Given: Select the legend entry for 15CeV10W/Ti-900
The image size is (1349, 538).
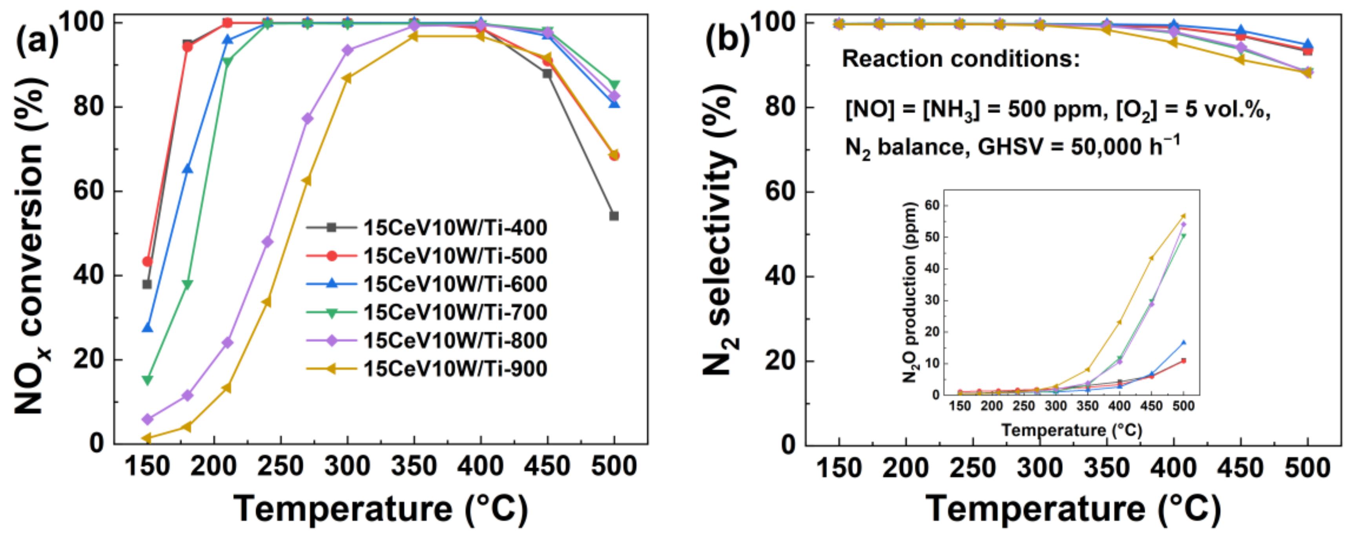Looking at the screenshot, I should (x=454, y=369).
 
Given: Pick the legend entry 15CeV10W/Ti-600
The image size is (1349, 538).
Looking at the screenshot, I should (x=454, y=284).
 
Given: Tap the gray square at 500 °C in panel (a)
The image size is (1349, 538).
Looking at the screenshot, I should (x=614, y=216).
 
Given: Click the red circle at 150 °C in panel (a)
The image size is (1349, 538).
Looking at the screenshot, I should (x=147, y=261).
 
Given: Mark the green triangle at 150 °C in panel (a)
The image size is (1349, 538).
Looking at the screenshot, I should (x=147, y=380).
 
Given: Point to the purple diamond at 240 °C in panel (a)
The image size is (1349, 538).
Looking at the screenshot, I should (x=267, y=241).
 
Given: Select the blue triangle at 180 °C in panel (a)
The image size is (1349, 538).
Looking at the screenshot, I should (x=188, y=169).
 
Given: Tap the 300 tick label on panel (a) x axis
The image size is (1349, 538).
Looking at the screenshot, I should (x=347, y=466).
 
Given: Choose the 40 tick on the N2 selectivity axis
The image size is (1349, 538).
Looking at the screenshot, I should (x=780, y=276).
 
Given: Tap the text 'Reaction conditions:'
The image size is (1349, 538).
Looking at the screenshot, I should (x=961, y=59).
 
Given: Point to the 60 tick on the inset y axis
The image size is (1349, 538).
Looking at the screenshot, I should (x=933, y=205).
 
